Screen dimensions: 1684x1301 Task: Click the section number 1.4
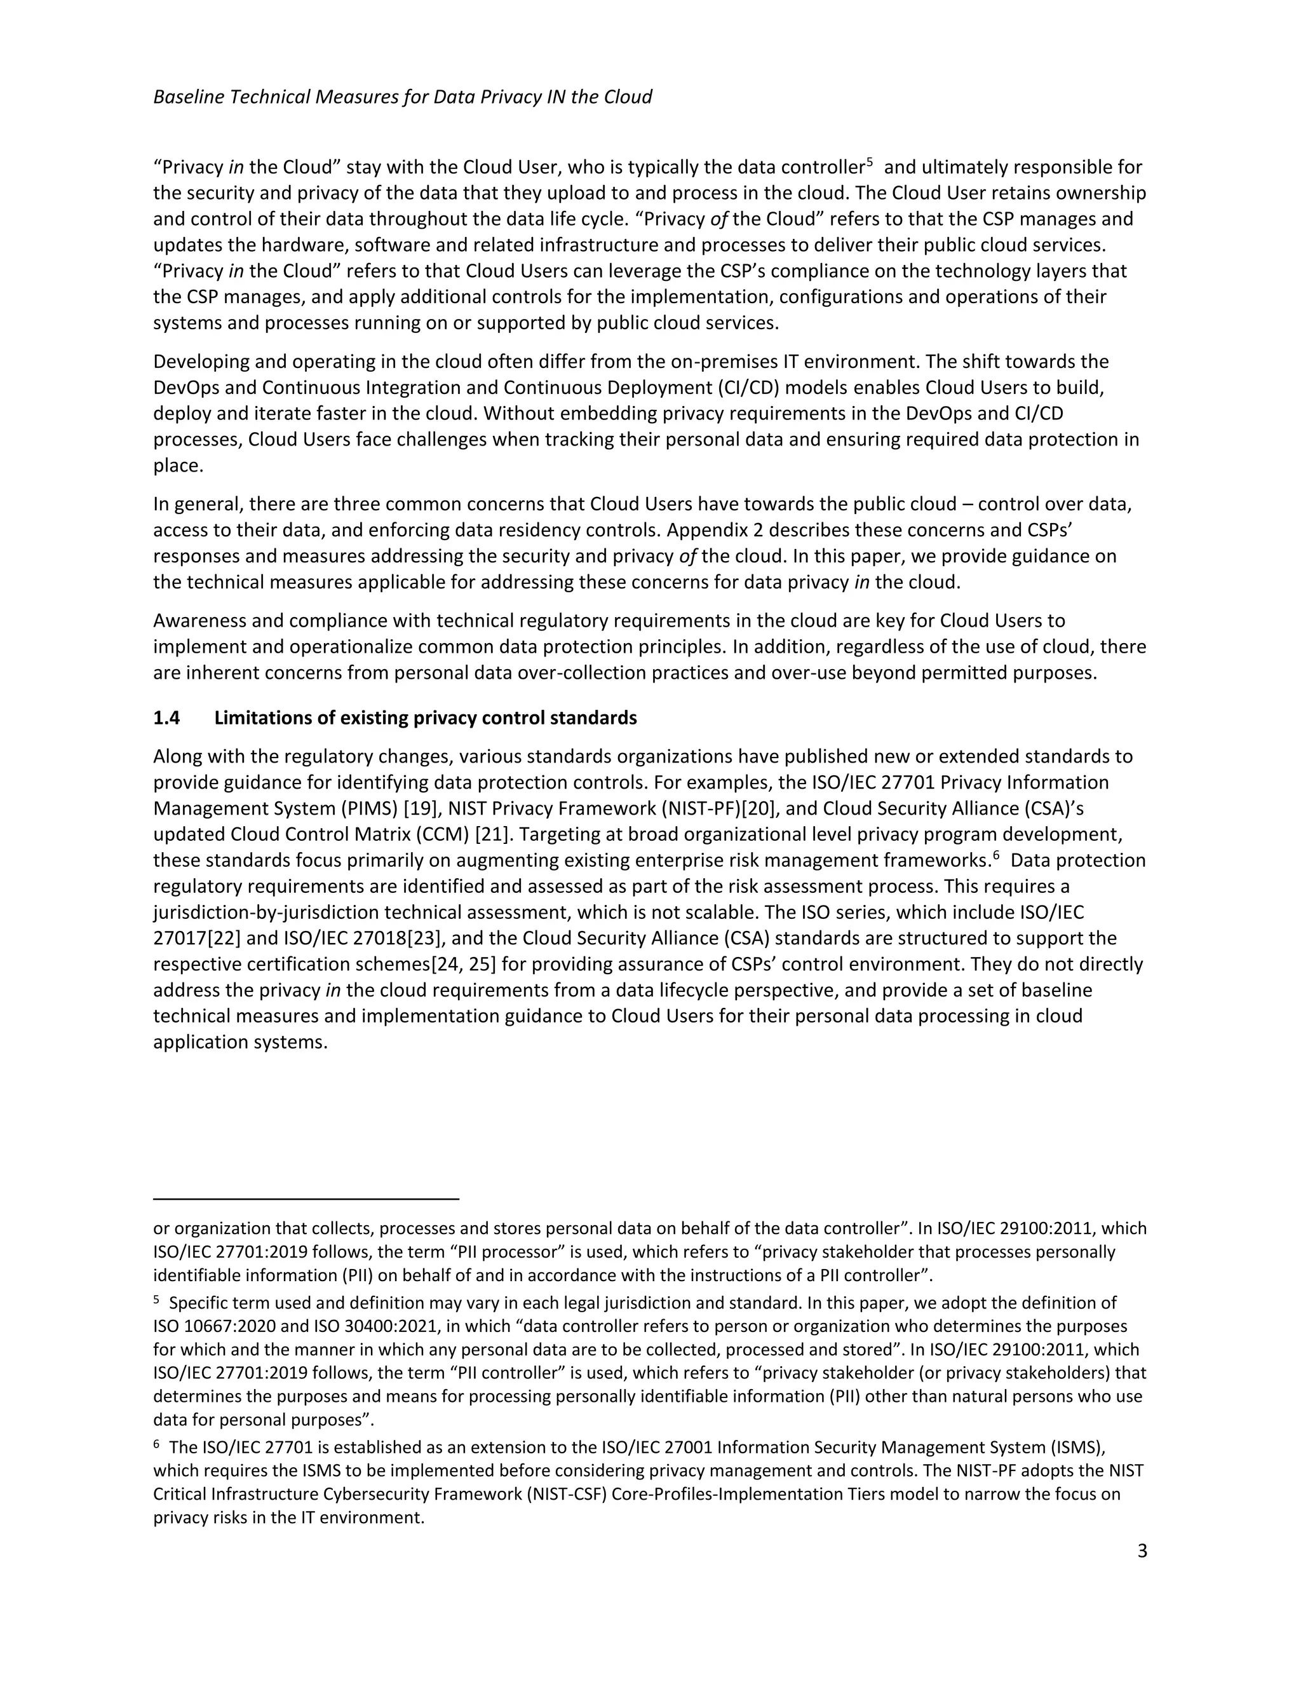coord(166,718)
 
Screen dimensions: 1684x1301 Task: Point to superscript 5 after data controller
coord(870,163)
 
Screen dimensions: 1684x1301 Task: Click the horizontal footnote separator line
coord(306,1199)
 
